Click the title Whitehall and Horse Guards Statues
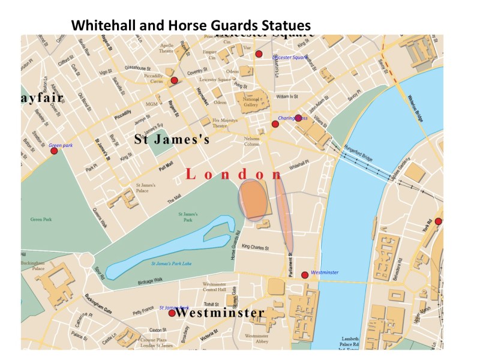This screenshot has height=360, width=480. coord(191,26)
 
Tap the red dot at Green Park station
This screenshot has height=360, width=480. coord(54,151)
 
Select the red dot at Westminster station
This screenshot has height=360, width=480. coord(305,274)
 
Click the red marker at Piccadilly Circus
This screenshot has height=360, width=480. coord(174,80)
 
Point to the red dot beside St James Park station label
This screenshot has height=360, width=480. coord(172,313)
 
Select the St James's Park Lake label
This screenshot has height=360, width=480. coord(171,263)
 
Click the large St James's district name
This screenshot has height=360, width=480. coord(171,140)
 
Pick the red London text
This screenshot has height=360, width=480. coord(234,175)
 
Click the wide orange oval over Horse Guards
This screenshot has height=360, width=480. coord(253,200)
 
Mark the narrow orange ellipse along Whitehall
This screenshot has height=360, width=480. coord(284,214)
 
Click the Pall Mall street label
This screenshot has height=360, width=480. coord(166,163)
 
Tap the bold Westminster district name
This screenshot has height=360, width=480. coord(220,313)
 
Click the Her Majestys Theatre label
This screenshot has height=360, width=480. coord(225,123)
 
